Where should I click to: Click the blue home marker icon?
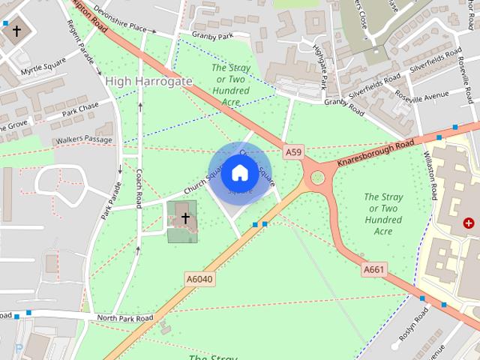(x=239, y=173)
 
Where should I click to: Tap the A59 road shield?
(x=293, y=152)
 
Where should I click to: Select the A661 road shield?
(x=373, y=269)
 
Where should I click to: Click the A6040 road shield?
(x=199, y=279)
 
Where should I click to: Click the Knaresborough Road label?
(x=375, y=154)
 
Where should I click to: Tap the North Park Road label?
(x=124, y=318)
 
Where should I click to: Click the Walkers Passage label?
(x=83, y=140)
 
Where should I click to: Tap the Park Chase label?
(x=80, y=110)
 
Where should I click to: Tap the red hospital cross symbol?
(x=469, y=223)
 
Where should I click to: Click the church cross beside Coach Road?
(x=185, y=218)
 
